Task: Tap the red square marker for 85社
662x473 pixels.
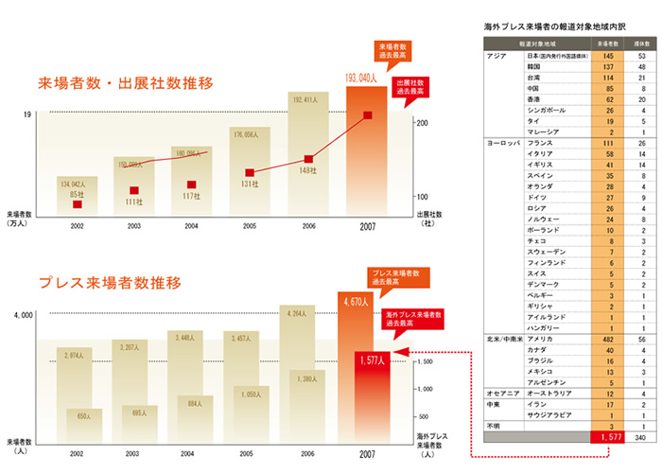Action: (78, 204)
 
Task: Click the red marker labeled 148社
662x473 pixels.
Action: (308, 159)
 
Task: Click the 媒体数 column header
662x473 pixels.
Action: (639, 44)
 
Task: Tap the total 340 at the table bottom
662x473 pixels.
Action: (639, 439)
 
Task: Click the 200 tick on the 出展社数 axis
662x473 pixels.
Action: (423, 124)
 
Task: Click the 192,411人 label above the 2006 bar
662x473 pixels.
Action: (309, 98)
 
